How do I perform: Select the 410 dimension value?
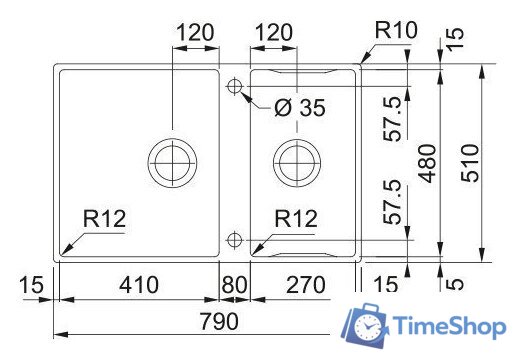pyautogui.click(x=138, y=286)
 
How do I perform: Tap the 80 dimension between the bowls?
pyautogui.click(x=234, y=286)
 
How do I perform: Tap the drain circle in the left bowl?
pyautogui.click(x=171, y=158)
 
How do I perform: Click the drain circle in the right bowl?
pyautogui.click(x=296, y=158)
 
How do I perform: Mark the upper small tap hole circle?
pyautogui.click(x=234, y=86)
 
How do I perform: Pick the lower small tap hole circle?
pyautogui.click(x=234, y=239)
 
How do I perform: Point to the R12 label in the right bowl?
pyautogui.click(x=297, y=218)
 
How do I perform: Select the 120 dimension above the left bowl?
pyautogui.click(x=195, y=32)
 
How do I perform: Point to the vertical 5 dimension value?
pyautogui.click(x=456, y=284)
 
